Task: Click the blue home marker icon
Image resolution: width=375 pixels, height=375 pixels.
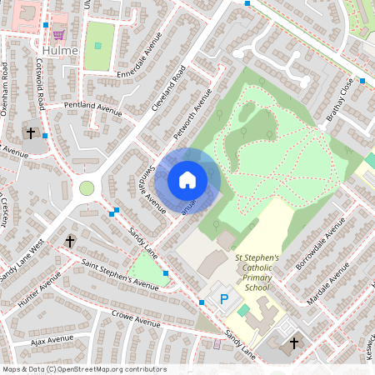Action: (187, 180)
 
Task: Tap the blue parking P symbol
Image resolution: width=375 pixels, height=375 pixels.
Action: (222, 297)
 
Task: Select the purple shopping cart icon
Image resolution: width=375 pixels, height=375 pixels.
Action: (58, 34)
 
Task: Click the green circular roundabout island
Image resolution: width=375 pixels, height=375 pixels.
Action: (87, 188)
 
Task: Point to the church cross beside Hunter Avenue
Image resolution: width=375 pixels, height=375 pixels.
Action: (70, 242)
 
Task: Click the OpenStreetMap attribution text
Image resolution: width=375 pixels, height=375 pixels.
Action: (83, 369)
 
